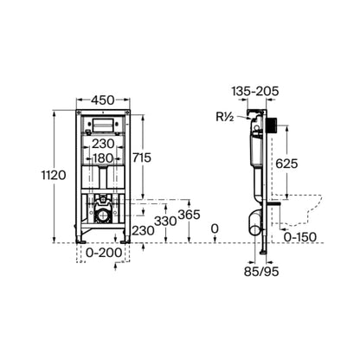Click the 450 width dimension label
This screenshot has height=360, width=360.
click(x=103, y=100)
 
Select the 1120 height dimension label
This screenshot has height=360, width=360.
click(x=54, y=175)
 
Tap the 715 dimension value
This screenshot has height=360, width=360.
click(x=142, y=157)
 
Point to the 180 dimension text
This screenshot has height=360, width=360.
click(x=103, y=158)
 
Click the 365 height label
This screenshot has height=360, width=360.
click(x=190, y=215)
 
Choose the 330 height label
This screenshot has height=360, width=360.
click(x=165, y=222)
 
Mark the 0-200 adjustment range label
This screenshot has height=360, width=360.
click(x=104, y=253)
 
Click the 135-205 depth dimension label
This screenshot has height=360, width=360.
click(x=255, y=91)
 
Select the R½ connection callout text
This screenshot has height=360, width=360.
click(x=225, y=117)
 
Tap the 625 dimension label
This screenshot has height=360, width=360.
click(x=286, y=164)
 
